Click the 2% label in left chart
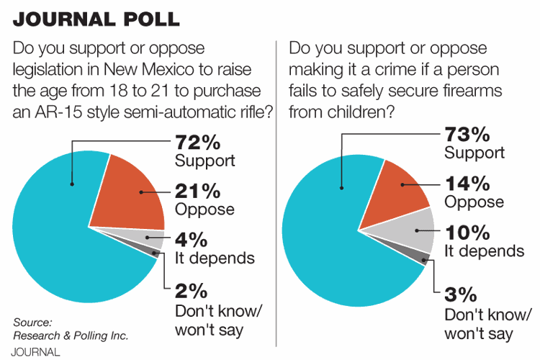pos(191,291)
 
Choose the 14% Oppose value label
pos(464,184)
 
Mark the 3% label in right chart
pos(461,296)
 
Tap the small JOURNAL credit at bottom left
pos(36,352)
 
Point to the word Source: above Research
pos(32,322)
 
